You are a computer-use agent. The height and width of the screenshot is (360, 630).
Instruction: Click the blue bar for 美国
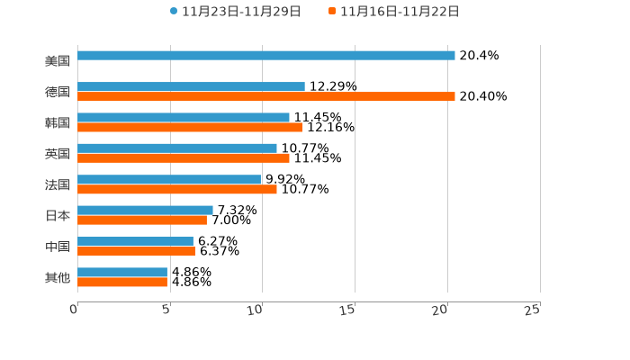point(266,56)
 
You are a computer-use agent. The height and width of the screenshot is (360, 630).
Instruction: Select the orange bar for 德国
point(266,97)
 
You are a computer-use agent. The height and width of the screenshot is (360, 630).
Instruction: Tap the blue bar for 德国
point(191,87)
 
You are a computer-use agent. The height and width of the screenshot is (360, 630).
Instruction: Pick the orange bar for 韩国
point(190,128)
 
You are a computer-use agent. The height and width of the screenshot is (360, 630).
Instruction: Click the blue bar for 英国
point(177,148)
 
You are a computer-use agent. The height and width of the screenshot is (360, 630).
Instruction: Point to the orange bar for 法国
point(177,190)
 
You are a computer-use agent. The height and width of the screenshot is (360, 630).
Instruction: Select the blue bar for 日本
point(145,211)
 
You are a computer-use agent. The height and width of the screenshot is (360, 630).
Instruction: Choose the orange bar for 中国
point(136,252)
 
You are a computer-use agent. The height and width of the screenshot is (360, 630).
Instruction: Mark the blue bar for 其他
point(122,272)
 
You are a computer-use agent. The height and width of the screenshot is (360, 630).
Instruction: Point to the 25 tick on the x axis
point(533,310)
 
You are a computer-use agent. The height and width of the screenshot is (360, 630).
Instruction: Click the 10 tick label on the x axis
point(256,310)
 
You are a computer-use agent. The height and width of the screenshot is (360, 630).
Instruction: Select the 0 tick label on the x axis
point(74,310)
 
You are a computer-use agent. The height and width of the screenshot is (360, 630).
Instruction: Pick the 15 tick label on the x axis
point(348,310)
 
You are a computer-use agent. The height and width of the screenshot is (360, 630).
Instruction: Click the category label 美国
point(58,61)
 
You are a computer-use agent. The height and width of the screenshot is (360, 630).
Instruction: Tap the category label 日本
point(58,216)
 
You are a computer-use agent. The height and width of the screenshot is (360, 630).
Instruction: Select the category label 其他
point(58,278)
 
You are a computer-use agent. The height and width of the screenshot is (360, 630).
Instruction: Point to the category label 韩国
point(58,122)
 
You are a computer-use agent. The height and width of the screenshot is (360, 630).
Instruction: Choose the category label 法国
point(58,184)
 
